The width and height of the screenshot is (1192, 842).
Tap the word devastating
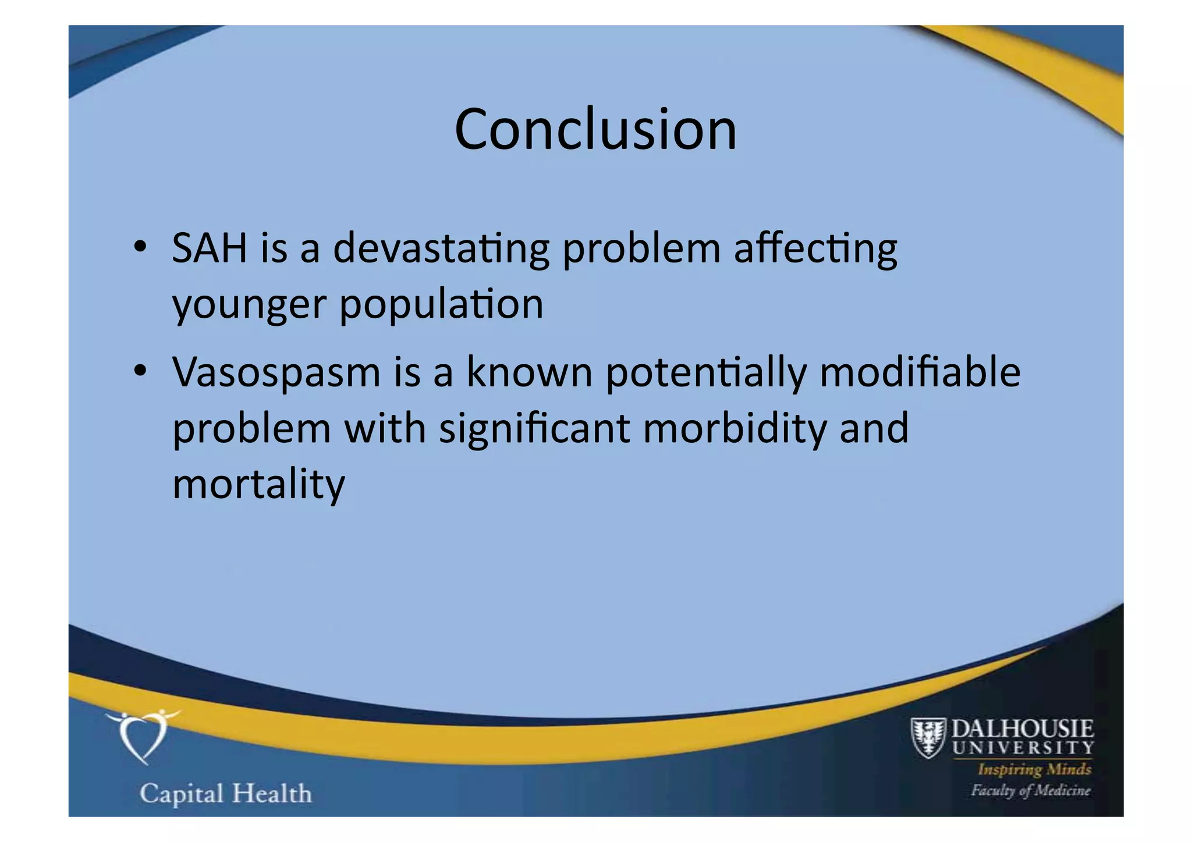point(441,248)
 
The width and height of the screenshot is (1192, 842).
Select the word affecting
point(815,248)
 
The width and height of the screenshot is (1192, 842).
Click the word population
point(441,304)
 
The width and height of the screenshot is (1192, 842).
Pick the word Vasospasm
point(276,372)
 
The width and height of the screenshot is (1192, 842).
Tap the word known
point(529,372)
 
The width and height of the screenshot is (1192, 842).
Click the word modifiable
point(920,372)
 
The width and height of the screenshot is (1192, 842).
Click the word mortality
point(258,485)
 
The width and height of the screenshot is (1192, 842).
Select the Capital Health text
point(226,794)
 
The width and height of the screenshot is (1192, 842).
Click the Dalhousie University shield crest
point(928,738)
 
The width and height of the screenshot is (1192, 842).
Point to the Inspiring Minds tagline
point(1034,769)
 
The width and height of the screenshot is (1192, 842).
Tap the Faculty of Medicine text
point(1030,790)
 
